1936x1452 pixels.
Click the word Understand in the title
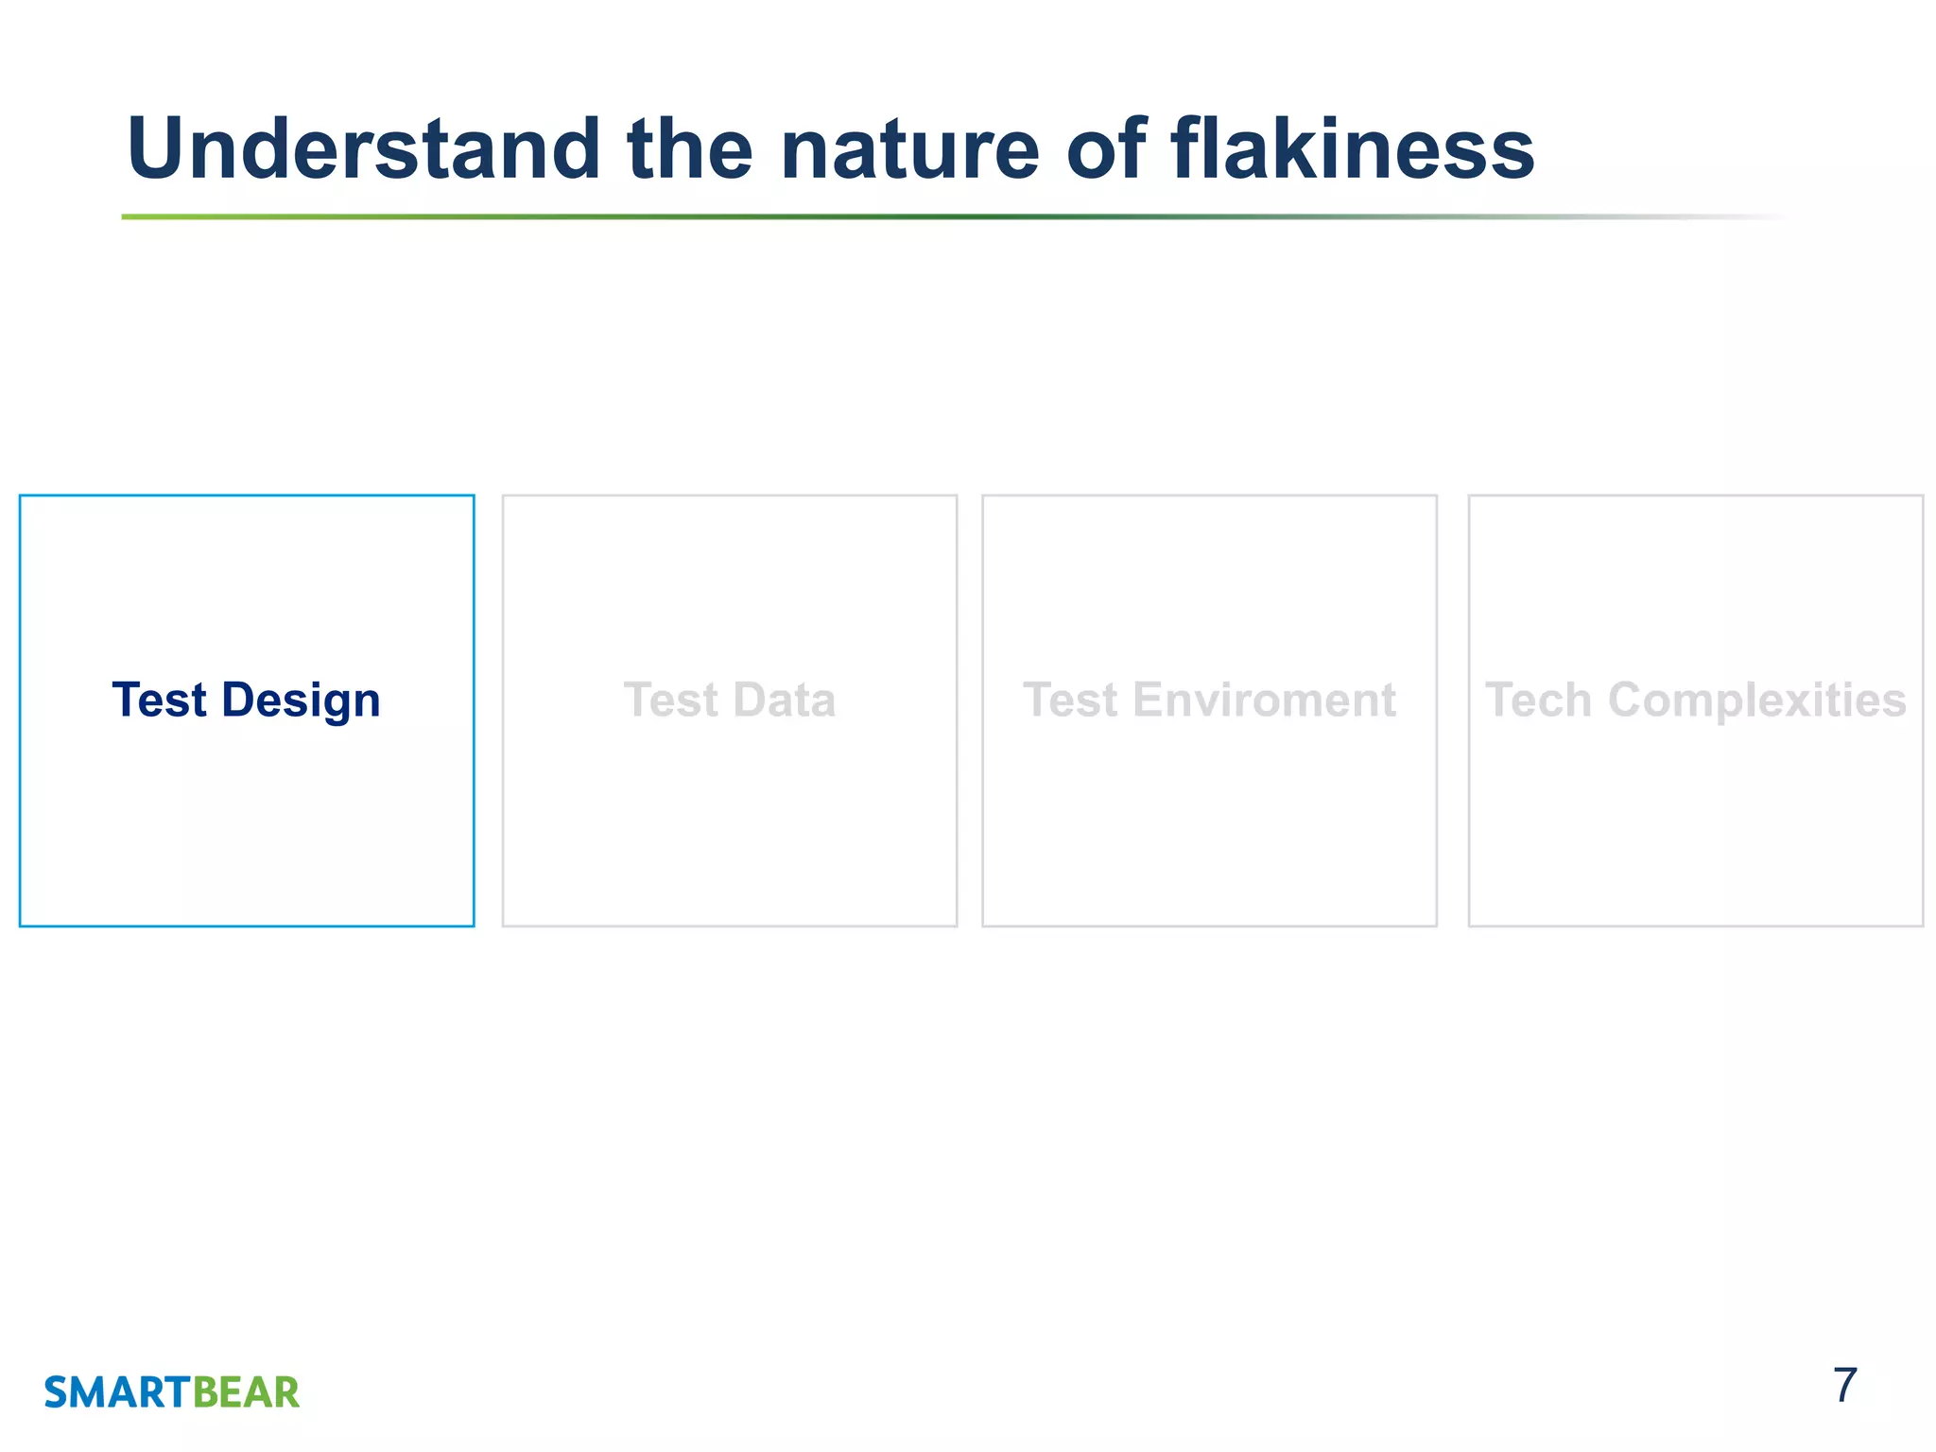364,149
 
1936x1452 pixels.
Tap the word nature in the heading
909,149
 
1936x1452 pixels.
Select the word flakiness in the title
1352,149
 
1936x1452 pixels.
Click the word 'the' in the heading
689,149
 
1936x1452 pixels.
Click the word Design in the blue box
301,701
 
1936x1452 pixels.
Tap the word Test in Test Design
159,700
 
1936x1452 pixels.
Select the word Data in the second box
784,700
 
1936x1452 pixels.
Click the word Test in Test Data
670,700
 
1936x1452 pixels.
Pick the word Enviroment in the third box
1264,700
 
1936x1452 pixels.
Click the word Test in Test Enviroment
1070,700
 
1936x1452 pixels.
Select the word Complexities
1756,701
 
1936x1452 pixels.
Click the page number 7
1844,1386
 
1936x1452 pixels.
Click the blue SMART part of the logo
117,1392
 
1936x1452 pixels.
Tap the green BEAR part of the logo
246,1392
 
